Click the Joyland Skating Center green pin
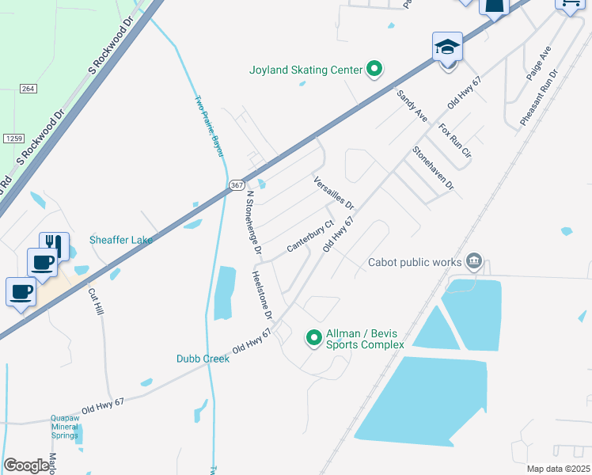374,70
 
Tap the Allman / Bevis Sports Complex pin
314,338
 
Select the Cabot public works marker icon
474,262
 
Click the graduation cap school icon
447,47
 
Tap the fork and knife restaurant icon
54,245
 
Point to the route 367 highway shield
236,184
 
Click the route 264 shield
28,88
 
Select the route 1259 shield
13,139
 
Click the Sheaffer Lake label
120,240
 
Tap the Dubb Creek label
203,359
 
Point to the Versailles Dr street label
333,193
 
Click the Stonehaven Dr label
433,168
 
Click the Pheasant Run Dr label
539,97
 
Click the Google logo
27,465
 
